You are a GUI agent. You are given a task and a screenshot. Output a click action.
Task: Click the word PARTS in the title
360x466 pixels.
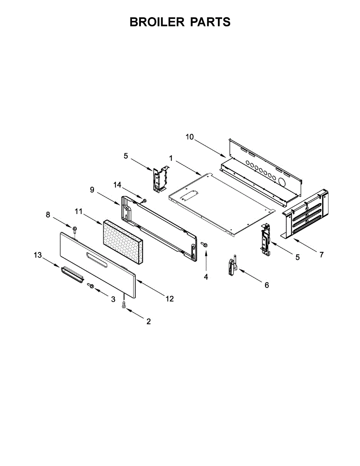pos(210,22)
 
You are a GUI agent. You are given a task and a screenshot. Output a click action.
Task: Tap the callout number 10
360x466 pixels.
pos(190,137)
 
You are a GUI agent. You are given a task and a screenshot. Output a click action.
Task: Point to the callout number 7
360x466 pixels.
pos(321,255)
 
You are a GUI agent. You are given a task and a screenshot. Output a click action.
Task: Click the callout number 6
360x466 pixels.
pos(266,285)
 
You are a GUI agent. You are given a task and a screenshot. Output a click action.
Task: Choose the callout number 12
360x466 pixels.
pos(169,299)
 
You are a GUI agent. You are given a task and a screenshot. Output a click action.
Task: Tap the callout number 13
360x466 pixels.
pos(38,255)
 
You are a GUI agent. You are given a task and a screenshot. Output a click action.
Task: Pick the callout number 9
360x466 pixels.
pos(92,190)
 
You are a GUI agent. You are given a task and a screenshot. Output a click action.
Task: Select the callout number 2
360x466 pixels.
pos(148,322)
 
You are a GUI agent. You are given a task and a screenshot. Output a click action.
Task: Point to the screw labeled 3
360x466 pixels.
pos(91,286)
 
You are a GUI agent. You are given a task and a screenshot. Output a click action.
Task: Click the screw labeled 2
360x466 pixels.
pos(124,306)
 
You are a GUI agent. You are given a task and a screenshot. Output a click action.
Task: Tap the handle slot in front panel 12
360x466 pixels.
pos(97,259)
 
